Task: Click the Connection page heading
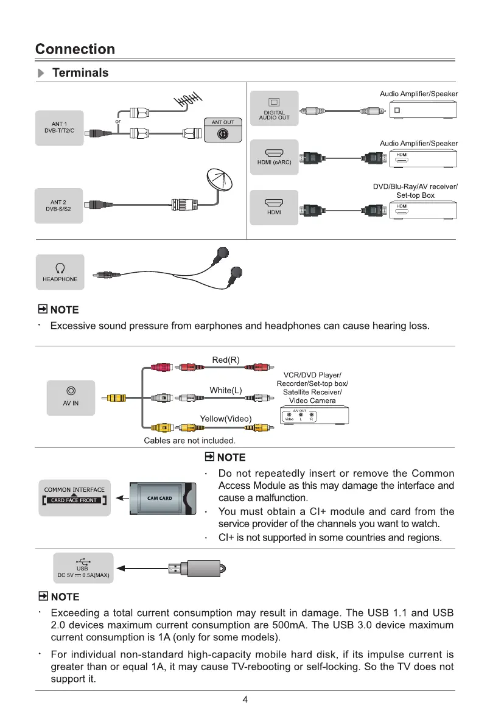tap(75, 49)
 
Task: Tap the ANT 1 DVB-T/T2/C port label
tap(58, 128)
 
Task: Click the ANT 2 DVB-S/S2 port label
tap(58, 206)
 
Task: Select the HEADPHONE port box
tap(60, 271)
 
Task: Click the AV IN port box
tap(71, 397)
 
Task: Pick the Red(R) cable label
tap(226, 360)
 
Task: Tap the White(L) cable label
tap(226, 390)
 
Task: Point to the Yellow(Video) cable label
tap(226, 418)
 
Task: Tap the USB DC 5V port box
tap(83, 568)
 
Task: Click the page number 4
tap(245, 699)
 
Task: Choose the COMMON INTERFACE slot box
tap(74, 496)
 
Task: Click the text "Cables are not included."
tap(189, 440)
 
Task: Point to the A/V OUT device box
tap(313, 416)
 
